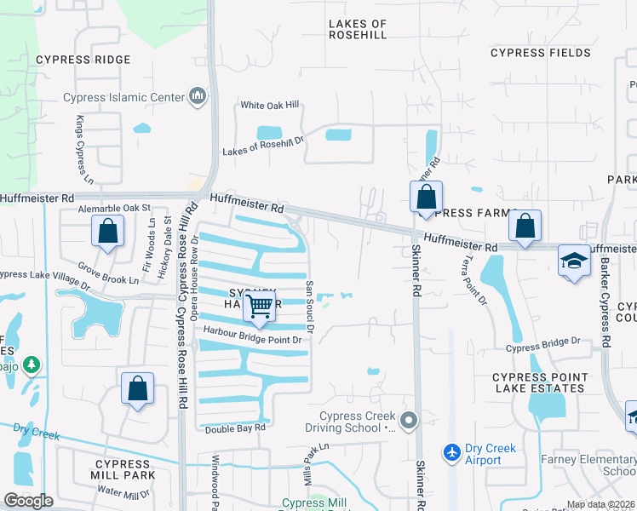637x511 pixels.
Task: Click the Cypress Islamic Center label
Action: pos(123,97)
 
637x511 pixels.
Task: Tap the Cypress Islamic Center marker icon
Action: pos(198,96)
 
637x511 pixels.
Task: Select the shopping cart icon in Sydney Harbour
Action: pos(260,306)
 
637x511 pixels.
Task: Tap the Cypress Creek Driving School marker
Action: pos(410,420)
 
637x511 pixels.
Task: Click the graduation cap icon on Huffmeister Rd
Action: pos(574,261)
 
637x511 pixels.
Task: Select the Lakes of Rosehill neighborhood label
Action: pos(358,30)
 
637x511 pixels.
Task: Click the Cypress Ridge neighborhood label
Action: pos(83,60)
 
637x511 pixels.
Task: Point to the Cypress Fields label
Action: pos(541,53)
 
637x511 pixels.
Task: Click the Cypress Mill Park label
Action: pos(124,469)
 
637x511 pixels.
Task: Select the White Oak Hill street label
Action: pos(270,105)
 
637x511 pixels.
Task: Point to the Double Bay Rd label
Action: pos(234,428)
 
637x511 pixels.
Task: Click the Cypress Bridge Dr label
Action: pos(542,347)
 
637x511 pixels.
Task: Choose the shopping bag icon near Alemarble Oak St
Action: pos(108,231)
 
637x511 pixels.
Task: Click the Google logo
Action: pos(29,501)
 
